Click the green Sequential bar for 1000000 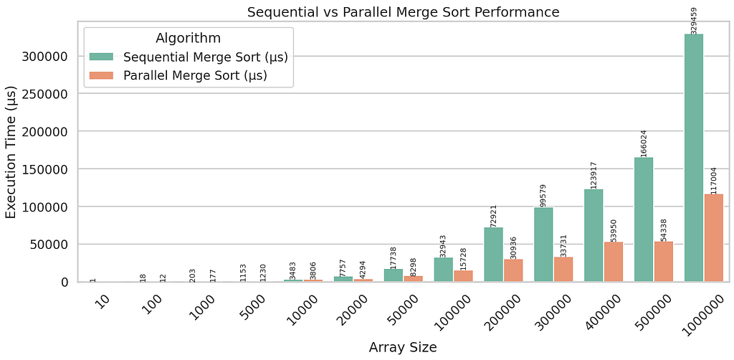[693, 158]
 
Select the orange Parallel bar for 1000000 [714, 237]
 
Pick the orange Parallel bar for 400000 [614, 262]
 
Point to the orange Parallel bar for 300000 [563, 269]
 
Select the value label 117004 [714, 179]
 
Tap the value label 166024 [644, 143]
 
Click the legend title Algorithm [188, 37]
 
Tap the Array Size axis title [403, 348]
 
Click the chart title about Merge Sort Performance [403, 11]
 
